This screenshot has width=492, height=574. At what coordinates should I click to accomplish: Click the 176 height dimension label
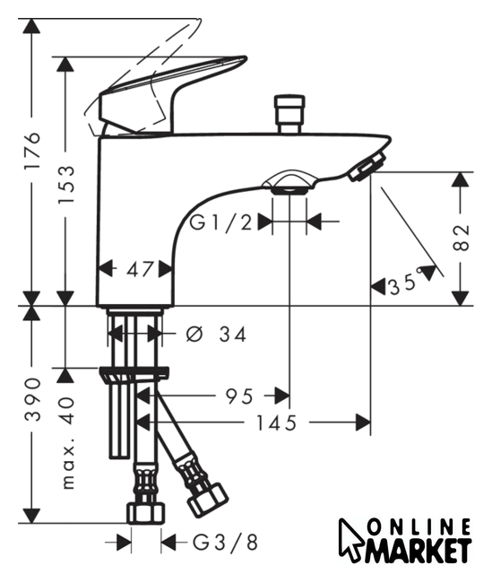pyautogui.click(x=32, y=150)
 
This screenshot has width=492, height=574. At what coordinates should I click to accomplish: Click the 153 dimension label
pyautogui.click(x=66, y=184)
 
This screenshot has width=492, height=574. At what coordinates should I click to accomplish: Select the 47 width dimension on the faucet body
pyautogui.click(x=140, y=270)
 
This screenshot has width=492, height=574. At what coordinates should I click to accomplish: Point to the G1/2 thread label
pyautogui.click(x=221, y=222)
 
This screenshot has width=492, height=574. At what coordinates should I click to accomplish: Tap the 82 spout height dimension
pyautogui.click(x=462, y=238)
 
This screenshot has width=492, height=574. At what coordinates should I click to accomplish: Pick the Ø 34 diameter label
pyautogui.click(x=216, y=334)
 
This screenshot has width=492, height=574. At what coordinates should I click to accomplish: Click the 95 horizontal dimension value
pyautogui.click(x=239, y=396)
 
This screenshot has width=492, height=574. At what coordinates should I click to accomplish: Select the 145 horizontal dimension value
pyautogui.click(x=276, y=423)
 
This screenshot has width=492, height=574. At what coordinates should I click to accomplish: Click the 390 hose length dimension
pyautogui.click(x=32, y=399)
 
